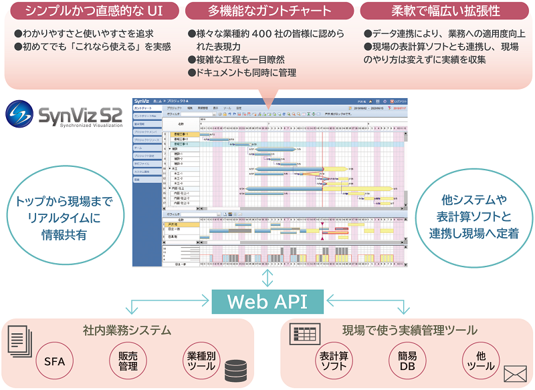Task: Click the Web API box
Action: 267,301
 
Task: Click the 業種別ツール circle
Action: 201,361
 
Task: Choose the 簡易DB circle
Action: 407,361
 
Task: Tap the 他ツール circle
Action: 481,361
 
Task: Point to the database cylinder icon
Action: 235,369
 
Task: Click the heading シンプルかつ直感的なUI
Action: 92,11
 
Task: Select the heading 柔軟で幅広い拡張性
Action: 445,11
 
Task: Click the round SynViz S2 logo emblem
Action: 21,114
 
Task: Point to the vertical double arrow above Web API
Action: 267,278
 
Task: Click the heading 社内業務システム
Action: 126,330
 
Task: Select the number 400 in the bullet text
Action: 266,33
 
